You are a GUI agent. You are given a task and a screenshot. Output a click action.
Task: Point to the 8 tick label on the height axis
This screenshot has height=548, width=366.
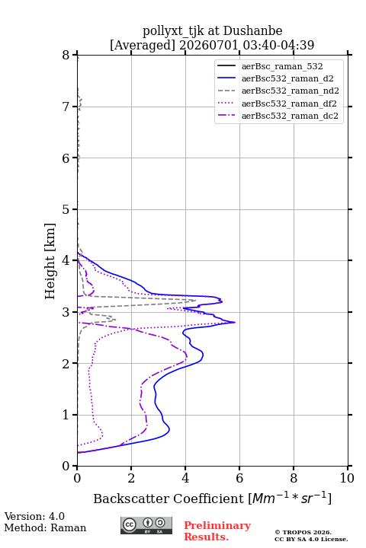66,56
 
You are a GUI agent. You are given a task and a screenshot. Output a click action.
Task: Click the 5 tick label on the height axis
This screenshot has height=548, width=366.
66,210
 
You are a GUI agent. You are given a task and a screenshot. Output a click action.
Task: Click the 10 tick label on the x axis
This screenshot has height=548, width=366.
347,478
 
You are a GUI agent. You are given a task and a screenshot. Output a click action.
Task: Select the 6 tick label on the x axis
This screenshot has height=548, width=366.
239,478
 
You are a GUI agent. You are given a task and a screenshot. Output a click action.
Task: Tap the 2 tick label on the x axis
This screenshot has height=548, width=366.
131,478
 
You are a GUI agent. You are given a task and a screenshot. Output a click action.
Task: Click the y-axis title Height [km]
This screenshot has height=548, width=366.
50,261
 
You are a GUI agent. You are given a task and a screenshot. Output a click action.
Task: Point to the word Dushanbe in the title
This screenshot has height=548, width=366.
252,31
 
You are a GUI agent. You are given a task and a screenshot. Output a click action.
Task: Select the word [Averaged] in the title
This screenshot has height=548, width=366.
143,45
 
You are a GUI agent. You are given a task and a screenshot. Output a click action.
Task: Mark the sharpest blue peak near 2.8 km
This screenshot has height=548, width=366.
234,322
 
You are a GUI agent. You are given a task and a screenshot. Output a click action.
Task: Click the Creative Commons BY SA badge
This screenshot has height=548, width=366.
146,526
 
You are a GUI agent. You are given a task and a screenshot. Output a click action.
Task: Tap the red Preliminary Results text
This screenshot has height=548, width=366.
217,531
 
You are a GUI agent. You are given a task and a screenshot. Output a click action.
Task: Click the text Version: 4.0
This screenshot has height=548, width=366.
34,516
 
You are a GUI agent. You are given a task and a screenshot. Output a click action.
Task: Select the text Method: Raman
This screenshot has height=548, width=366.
45,527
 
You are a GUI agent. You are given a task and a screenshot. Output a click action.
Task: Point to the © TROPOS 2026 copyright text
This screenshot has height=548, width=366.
303,532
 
